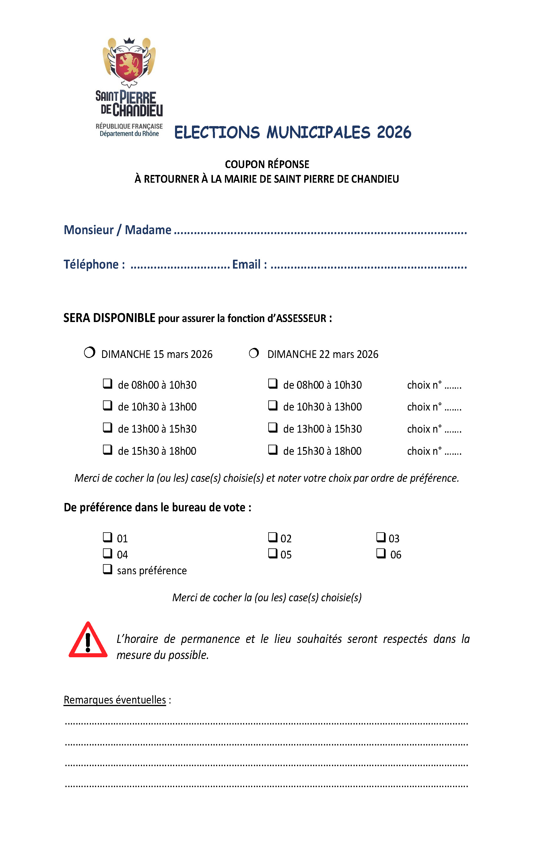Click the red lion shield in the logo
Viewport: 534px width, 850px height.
(129, 65)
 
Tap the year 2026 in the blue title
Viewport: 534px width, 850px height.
(394, 132)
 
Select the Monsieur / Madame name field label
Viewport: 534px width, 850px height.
(117, 230)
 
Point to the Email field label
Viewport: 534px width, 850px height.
(249, 264)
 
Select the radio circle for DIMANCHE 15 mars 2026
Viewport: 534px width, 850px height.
(90, 352)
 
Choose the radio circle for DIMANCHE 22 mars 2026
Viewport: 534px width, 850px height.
(254, 353)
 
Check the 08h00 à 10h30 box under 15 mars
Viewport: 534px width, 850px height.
(107, 383)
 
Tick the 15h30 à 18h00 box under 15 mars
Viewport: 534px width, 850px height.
(107, 449)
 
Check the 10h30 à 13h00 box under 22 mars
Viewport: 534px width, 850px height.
(273, 405)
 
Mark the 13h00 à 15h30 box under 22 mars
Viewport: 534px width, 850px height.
(273, 427)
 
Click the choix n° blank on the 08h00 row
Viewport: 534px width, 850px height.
(453, 386)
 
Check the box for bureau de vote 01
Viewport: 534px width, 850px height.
(107, 537)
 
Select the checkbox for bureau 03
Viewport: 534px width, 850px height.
(380, 537)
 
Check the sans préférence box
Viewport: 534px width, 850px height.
(107, 569)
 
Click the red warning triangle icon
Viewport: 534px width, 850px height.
(88, 641)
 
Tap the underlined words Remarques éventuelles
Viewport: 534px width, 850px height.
(114, 700)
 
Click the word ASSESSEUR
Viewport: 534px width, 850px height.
(301, 318)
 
